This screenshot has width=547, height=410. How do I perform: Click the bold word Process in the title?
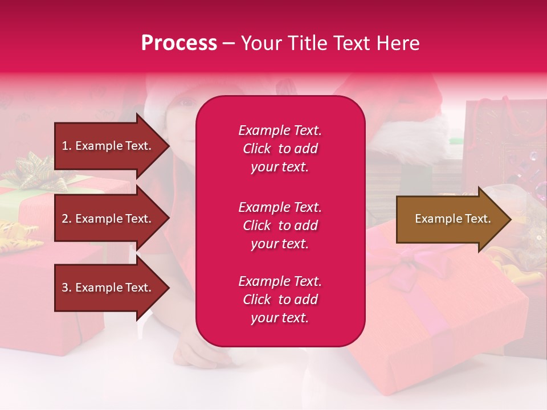179,43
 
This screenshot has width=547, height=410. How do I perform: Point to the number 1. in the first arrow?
67,146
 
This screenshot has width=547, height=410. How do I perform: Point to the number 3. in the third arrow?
67,288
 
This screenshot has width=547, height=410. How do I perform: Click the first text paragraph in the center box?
280,149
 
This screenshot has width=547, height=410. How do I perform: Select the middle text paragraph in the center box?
280,225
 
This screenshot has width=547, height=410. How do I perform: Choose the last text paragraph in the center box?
280,300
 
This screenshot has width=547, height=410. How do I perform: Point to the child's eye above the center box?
186,103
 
